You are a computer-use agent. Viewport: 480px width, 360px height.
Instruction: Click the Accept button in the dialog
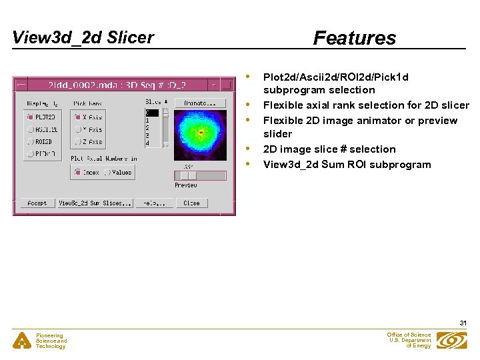click(37, 203)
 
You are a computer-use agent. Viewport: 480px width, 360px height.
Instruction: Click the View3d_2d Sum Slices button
click(95, 203)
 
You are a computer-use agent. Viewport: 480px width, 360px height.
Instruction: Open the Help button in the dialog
click(154, 203)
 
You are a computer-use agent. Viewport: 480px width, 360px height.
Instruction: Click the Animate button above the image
click(200, 103)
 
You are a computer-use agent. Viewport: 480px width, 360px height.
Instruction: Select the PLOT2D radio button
click(31, 117)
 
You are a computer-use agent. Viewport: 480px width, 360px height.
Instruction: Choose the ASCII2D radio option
click(31, 129)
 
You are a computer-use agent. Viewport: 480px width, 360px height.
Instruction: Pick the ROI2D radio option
click(31, 142)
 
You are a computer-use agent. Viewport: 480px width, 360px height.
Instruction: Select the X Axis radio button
click(77, 117)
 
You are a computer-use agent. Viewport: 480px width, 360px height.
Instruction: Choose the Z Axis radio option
click(77, 142)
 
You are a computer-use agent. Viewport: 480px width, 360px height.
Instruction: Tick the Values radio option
click(108, 172)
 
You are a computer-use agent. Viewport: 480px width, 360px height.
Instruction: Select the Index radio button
click(77, 172)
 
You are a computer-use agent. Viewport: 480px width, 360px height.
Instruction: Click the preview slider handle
click(189, 175)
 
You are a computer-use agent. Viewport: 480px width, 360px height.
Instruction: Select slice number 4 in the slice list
click(149, 143)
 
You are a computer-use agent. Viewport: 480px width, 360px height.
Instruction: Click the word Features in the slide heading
click(355, 38)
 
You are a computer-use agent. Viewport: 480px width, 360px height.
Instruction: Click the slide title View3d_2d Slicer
click(83, 37)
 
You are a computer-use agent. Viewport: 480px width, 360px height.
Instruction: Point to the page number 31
click(463, 323)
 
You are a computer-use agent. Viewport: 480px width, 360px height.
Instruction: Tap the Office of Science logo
click(452, 340)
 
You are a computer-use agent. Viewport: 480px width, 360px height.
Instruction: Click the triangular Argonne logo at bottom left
click(22, 341)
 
